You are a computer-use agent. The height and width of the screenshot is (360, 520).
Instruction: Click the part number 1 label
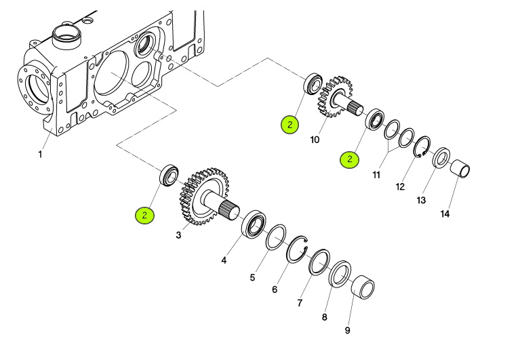40,155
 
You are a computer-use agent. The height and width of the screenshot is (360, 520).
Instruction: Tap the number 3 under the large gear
178,235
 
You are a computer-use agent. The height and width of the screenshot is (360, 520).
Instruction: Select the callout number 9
347,331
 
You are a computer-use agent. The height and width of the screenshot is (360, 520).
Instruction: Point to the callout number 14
445,214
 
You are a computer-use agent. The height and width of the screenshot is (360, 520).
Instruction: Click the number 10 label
315,140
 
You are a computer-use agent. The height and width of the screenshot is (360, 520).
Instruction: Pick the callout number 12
401,187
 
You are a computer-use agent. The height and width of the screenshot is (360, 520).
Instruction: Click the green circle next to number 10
290,125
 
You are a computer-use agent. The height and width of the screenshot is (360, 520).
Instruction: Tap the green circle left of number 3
144,216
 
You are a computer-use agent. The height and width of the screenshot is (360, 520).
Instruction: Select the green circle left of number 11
350,160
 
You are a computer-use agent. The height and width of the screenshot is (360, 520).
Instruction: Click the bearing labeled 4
254,224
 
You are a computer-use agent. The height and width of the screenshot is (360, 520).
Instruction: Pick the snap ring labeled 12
423,147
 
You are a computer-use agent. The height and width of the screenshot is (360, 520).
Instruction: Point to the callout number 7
299,303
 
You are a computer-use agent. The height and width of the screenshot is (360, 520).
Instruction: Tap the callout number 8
324,317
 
